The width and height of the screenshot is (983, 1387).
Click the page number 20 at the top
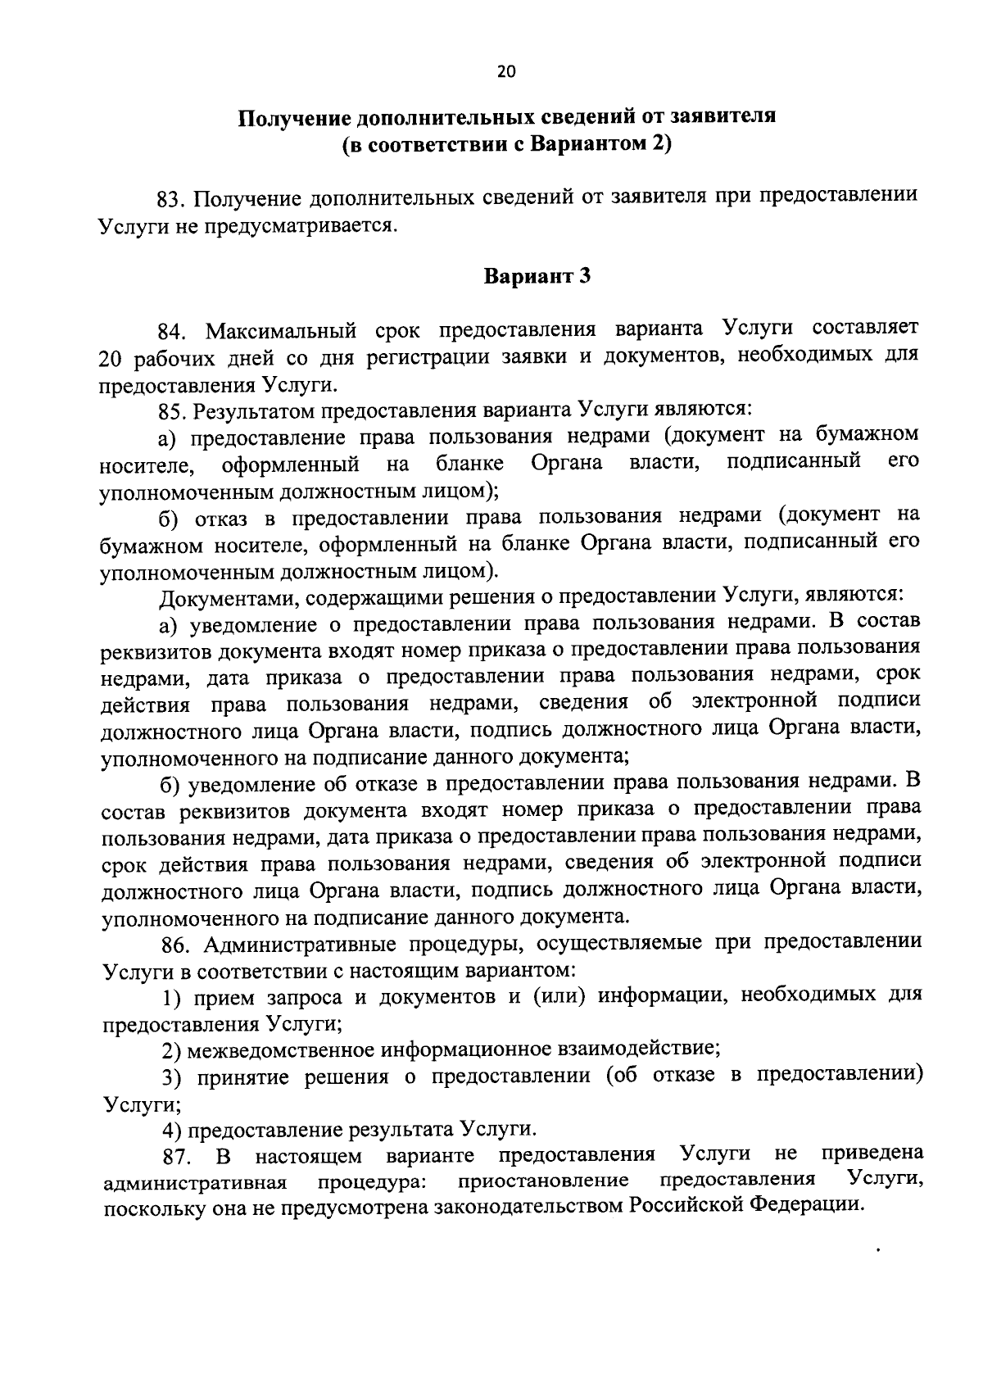coord(506,72)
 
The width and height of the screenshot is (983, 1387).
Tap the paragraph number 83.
coord(173,199)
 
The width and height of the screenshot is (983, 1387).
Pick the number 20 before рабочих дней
coord(111,358)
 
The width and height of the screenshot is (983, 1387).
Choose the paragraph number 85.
coord(174,410)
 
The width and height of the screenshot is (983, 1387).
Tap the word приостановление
coord(544,1181)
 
